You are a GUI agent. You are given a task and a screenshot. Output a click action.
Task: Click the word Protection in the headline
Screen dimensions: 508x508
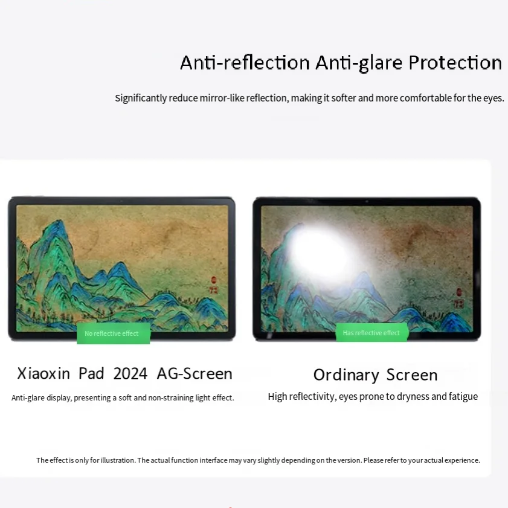coord(455,63)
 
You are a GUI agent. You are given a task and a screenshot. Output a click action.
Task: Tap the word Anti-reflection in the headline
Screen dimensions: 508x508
coord(245,63)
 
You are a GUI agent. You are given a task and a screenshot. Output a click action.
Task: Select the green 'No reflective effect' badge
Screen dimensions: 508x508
coord(112,333)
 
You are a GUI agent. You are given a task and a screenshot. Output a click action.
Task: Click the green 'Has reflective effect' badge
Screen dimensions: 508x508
coord(371,333)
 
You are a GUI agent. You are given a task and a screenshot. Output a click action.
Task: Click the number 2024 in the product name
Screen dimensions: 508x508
coord(130,374)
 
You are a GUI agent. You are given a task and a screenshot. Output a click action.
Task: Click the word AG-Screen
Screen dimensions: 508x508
coord(195,374)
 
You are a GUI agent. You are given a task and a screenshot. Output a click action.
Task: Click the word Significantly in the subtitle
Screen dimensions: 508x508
coord(141,98)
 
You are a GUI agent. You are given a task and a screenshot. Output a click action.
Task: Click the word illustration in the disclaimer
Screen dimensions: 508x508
coord(118,460)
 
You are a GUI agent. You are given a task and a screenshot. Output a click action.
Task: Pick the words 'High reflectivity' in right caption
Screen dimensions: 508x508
coord(300,397)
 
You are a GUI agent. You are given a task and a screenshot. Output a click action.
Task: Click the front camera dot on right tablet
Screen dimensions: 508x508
coord(366,201)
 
